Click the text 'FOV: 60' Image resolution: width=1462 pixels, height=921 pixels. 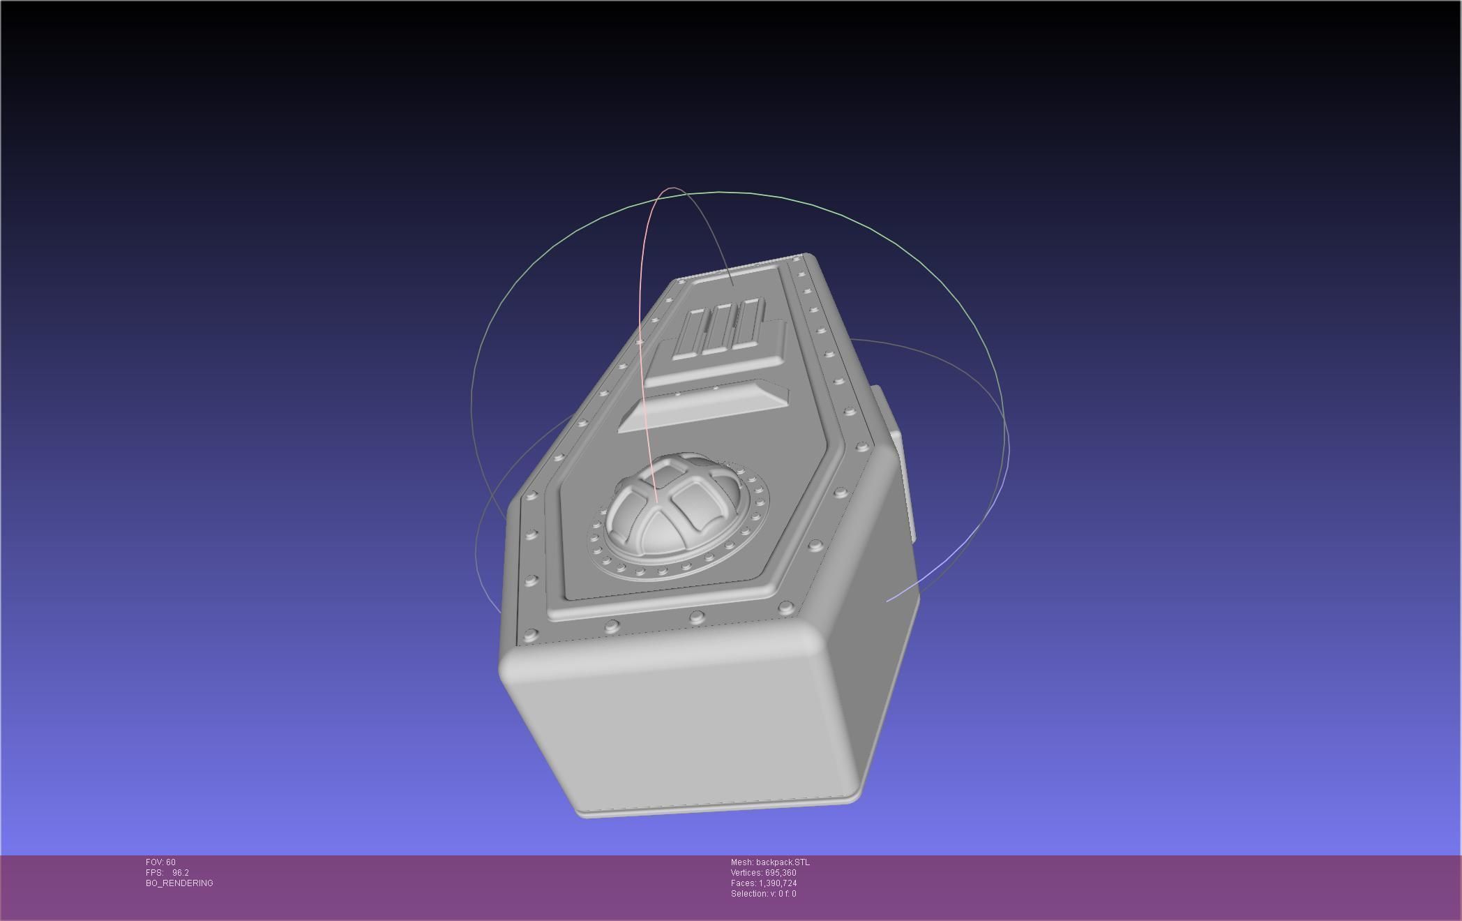[160, 862]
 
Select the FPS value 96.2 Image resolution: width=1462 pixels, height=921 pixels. [180, 873]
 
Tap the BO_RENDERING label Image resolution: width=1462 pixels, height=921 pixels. [179, 883]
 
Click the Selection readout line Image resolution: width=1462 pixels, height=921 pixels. [763, 894]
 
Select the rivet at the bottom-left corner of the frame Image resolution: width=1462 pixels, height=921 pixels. [531, 634]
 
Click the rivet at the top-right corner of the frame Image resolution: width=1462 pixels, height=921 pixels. [797, 260]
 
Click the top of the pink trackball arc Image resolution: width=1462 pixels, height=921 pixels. [672, 188]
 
